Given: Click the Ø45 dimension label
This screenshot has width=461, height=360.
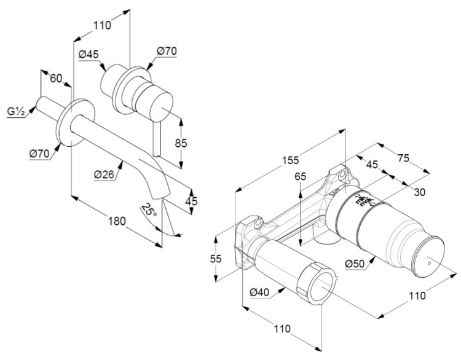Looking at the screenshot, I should pos(89,54).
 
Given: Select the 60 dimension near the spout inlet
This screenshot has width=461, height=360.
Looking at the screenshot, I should pos(55,78).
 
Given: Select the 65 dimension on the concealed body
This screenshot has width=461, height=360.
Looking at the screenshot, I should pos(300,176).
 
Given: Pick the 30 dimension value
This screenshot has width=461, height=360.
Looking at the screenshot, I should pos(420,192).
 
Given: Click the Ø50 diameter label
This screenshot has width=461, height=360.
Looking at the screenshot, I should pos(357,264).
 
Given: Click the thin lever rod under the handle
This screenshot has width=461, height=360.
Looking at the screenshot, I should pos(157,138).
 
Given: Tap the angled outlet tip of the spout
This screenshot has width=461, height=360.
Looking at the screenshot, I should pos(162,192).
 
